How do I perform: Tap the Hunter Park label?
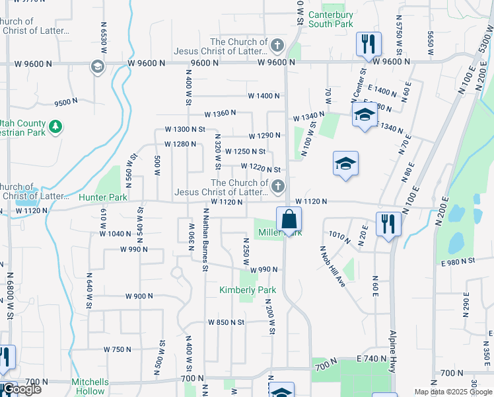tap(102, 197)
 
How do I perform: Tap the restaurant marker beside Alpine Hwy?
tap(388, 224)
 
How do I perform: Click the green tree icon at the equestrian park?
tap(57, 125)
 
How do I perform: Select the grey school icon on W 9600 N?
tap(97, 67)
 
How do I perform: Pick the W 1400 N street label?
tap(264, 96)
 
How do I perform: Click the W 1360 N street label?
tap(220, 114)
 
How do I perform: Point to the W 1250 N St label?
tap(245, 152)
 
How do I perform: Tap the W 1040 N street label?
tap(116, 234)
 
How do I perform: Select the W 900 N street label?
tap(139, 296)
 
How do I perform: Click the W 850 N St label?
tap(226, 322)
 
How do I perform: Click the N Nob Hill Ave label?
tap(333, 267)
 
